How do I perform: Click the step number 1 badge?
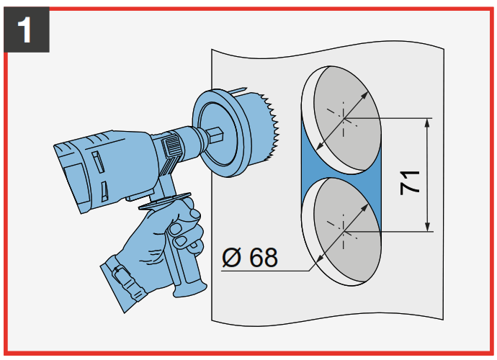point(26,31)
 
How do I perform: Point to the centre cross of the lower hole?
point(344,232)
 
